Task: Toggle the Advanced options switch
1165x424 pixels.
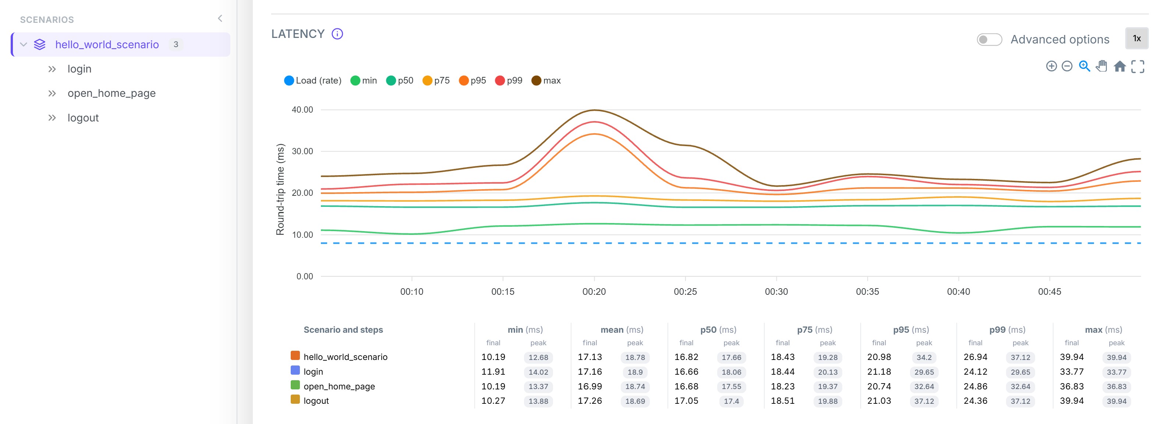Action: coord(989,39)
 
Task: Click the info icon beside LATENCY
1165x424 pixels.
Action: coord(337,34)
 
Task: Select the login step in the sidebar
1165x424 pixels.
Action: coord(79,69)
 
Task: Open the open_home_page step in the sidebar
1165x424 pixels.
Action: coord(111,93)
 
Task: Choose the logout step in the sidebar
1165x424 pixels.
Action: coord(83,118)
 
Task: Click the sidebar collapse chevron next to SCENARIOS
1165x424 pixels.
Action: coord(220,18)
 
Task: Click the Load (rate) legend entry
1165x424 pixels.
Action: coord(312,81)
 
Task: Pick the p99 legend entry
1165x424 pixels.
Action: coord(509,81)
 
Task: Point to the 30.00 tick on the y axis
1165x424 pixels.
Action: coord(302,151)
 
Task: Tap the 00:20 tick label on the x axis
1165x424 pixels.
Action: coord(594,292)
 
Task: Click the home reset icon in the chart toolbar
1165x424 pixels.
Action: coord(1119,67)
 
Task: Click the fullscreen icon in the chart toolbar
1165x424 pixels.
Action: coord(1137,67)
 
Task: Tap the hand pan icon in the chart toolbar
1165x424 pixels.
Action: coord(1101,66)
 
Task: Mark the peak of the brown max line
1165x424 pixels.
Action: coord(594,110)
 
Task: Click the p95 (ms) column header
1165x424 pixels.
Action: coord(910,330)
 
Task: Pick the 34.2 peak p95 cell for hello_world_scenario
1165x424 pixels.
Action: coord(924,357)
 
